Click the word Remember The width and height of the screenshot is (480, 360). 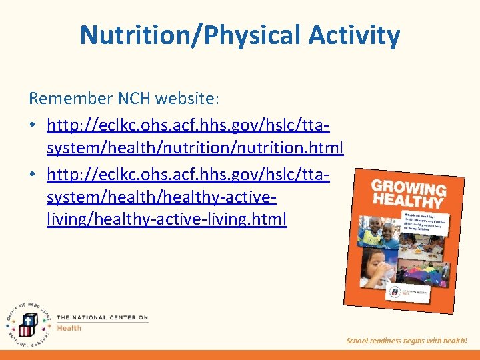(69, 99)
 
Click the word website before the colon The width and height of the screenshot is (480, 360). (183, 99)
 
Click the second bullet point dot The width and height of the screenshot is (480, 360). (33, 175)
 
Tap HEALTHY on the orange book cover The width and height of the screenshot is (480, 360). (407, 200)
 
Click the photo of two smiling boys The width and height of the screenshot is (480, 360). (381, 230)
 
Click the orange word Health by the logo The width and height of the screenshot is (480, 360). (69, 327)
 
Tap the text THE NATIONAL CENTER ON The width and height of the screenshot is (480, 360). (102, 317)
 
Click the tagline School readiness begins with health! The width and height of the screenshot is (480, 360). (407, 341)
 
